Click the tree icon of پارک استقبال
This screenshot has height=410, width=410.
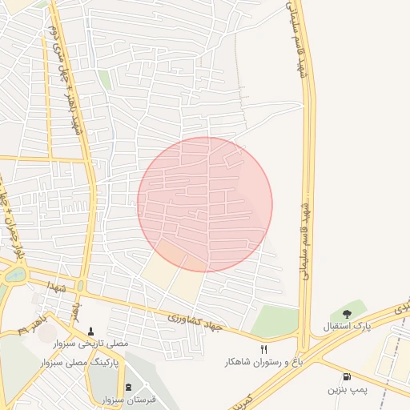click(x=346, y=314)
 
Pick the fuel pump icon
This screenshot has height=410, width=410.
click(x=346, y=376)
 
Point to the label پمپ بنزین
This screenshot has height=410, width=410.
click(x=345, y=389)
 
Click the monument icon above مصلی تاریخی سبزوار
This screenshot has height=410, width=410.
click(x=90, y=329)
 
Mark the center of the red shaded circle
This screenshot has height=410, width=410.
click(x=205, y=204)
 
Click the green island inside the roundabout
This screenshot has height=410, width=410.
click(x=14, y=275)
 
